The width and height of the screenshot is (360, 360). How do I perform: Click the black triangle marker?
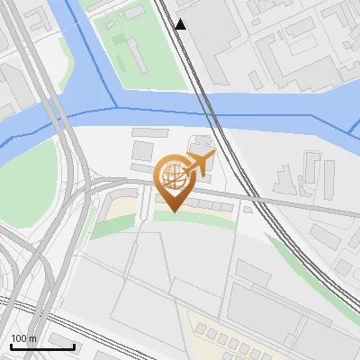tap(181, 24)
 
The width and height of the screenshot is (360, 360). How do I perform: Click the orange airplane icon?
tap(200, 164)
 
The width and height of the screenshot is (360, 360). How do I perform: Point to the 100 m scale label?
tap(23, 338)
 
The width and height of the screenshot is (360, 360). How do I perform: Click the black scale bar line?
tap(41, 346)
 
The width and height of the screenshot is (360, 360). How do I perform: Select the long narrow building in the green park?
tap(136, 53)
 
